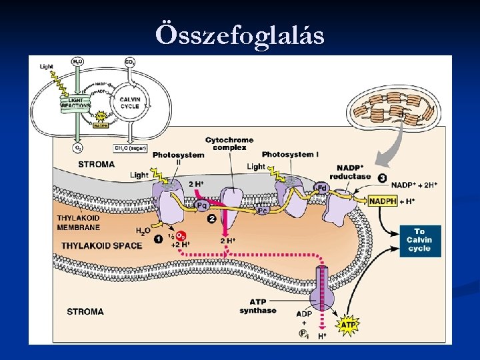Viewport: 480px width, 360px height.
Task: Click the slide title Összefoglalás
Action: [240, 33]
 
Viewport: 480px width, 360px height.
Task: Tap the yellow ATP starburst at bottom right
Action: [347, 325]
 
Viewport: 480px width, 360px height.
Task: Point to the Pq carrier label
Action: [202, 205]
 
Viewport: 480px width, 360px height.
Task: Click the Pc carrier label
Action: [263, 210]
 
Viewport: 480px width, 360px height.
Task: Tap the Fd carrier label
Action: [321, 187]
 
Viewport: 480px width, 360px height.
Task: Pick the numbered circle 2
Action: [211, 219]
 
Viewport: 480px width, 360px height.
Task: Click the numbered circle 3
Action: [382, 178]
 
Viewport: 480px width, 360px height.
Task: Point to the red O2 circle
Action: [181, 236]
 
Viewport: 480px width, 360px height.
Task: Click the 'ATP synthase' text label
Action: [258, 307]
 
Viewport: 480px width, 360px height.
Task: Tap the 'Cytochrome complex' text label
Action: [229, 143]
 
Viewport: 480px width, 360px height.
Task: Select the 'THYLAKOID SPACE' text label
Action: [102, 245]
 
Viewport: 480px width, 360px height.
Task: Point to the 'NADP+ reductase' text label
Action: [349, 172]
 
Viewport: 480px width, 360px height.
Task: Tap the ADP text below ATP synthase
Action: [304, 313]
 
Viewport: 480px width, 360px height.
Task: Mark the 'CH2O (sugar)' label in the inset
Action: [130, 148]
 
